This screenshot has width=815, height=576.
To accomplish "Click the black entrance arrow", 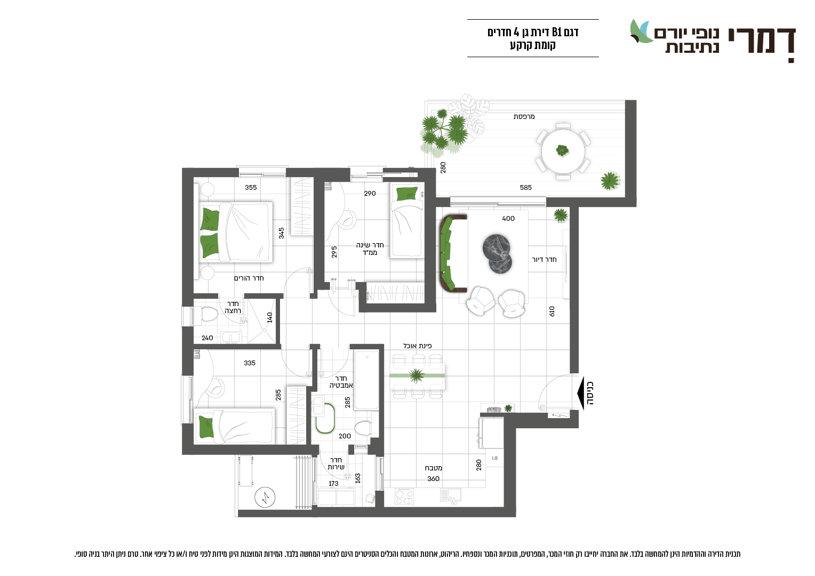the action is (581, 394).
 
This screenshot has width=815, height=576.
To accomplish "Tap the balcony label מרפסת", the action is (524, 117).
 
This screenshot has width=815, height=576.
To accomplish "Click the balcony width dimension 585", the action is (526, 187).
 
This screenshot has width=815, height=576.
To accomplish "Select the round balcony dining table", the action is (563, 150).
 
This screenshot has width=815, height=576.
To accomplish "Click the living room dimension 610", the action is (552, 311).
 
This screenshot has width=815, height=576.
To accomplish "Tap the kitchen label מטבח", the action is (433, 468).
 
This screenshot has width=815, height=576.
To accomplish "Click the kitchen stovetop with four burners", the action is (404, 497).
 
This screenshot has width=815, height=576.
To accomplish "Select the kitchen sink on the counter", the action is (450, 495).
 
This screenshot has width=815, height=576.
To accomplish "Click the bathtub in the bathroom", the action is (367, 380).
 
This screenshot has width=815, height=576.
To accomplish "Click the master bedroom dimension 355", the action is (251, 187).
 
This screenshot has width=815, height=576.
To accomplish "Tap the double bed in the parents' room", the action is (235, 232).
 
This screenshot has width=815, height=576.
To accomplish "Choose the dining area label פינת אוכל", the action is (417, 346).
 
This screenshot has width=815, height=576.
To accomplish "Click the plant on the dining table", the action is (417, 375).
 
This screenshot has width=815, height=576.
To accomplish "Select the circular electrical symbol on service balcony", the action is (265, 497).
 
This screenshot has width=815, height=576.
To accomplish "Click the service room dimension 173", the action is (333, 484).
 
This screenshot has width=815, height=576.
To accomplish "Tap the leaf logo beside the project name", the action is (641, 31).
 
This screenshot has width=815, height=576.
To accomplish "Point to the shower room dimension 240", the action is (207, 338).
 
